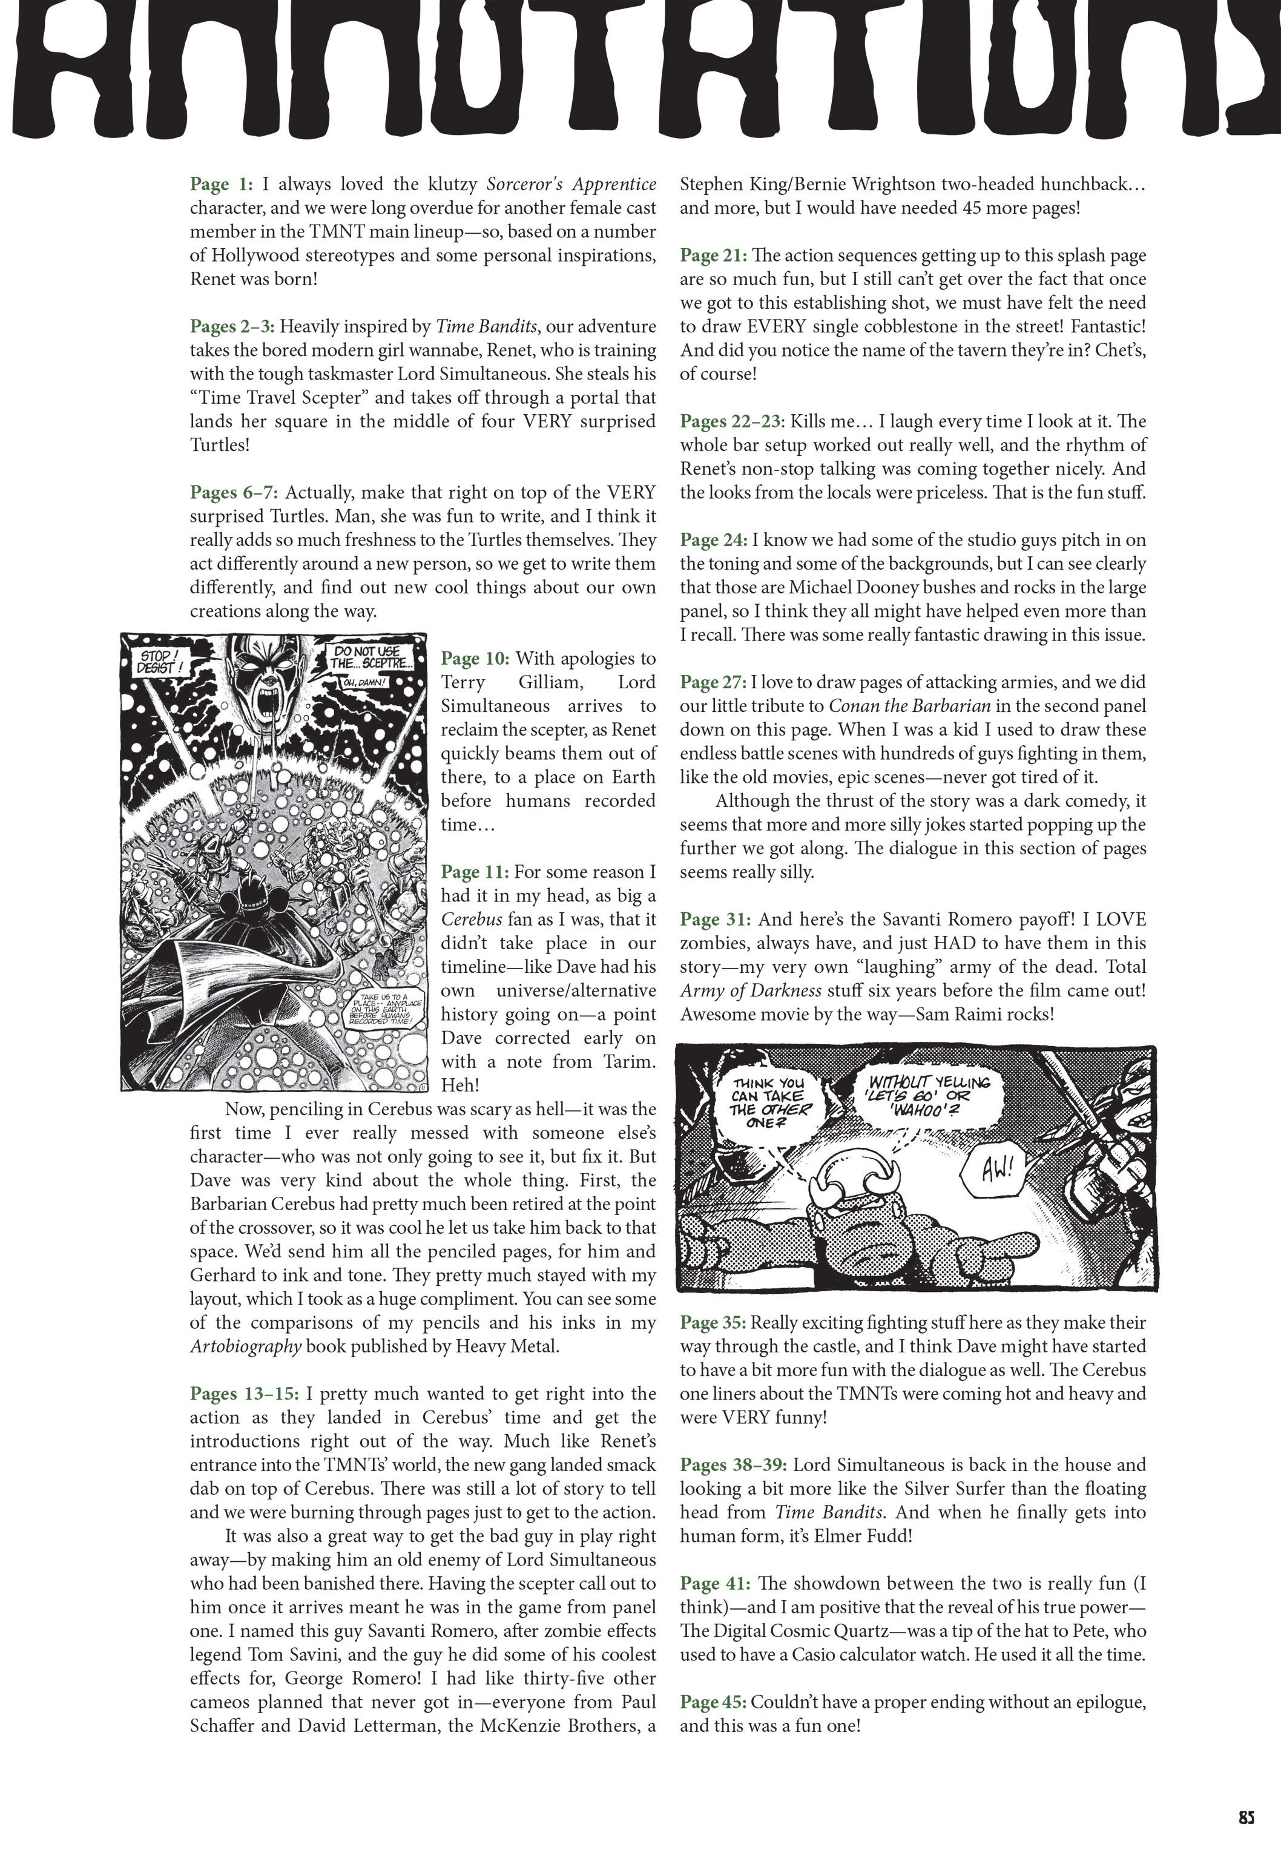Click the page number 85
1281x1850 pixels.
pyautogui.click(x=1246, y=1818)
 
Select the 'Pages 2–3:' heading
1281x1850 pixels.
pyautogui.click(x=232, y=327)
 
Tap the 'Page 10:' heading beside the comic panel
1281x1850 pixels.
pyautogui.click(x=475, y=659)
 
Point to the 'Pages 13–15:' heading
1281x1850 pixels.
pyautogui.click(x=244, y=1394)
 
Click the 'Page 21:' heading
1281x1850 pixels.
pyautogui.click(x=713, y=256)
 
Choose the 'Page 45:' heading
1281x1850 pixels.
pyautogui.click(x=713, y=1702)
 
